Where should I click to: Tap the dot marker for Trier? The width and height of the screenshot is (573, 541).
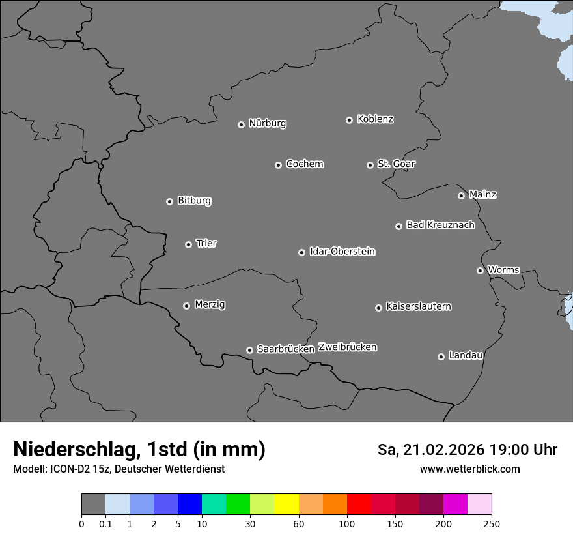point(189,244)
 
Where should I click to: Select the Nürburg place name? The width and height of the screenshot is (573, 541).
point(267,123)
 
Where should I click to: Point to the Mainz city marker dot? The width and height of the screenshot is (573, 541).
point(462,196)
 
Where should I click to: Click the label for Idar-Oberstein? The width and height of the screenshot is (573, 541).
point(342,252)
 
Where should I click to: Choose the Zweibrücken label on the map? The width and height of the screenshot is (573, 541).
point(347,347)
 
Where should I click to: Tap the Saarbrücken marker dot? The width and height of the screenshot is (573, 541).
point(249,350)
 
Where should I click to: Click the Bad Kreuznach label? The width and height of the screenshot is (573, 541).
point(440,226)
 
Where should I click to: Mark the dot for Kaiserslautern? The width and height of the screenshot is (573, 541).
point(379,308)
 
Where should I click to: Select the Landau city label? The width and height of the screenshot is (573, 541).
point(466,355)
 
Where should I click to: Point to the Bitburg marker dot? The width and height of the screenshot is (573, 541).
point(170,201)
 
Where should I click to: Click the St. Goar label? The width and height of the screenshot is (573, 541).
point(396,164)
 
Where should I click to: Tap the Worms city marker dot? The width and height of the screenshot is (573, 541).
point(481,270)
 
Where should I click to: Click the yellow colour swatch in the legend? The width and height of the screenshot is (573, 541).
point(286,504)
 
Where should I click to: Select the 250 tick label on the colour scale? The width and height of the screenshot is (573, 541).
point(492,523)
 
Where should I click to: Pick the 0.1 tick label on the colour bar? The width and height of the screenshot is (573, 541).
point(105,523)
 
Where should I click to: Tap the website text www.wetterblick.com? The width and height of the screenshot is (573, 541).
point(469,469)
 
